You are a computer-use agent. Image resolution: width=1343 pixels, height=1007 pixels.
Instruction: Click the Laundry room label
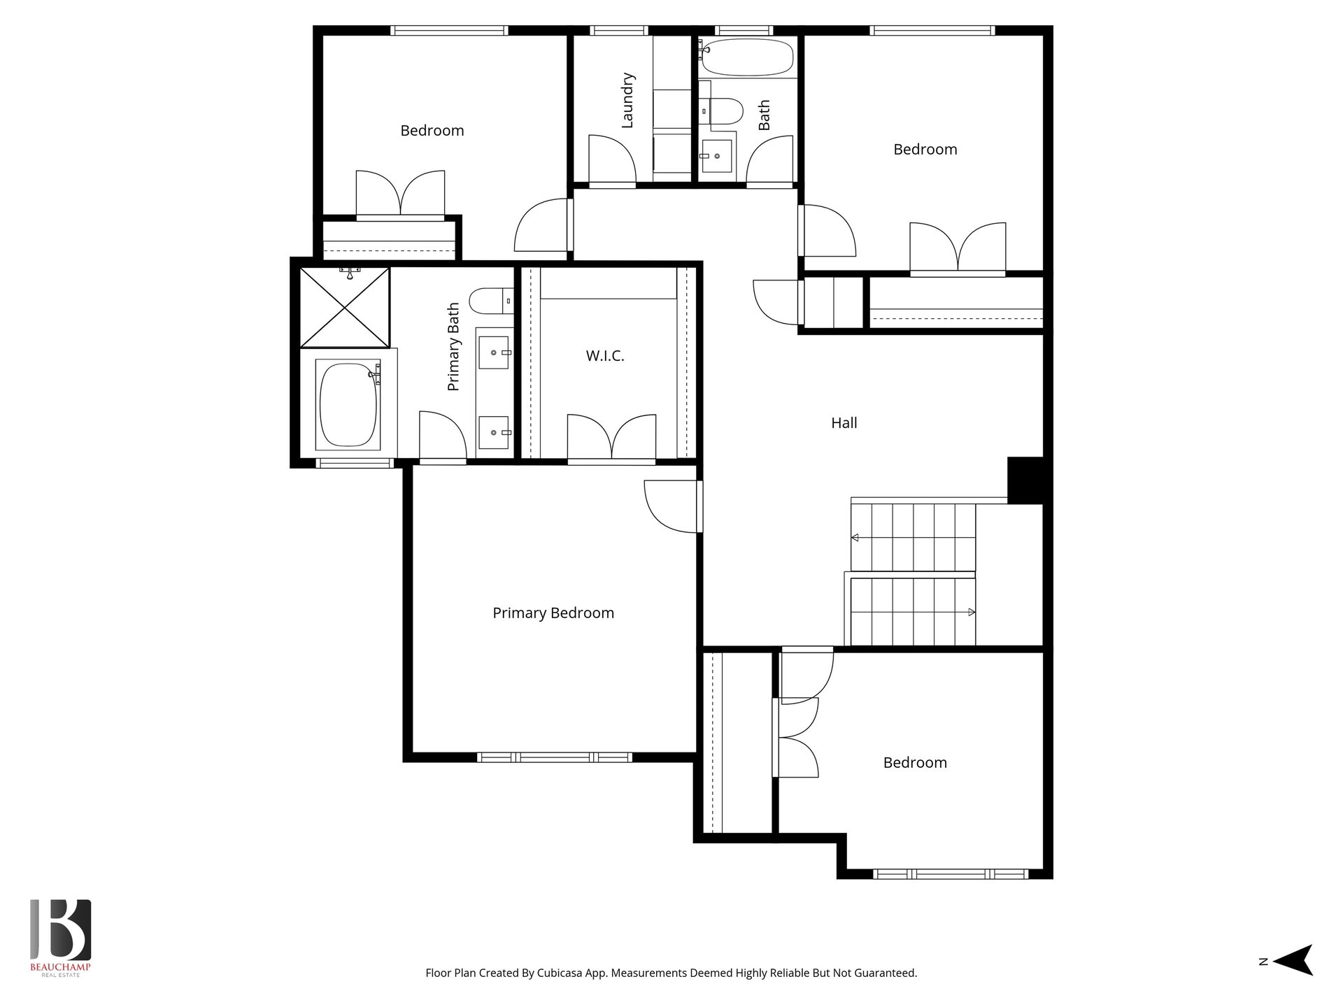[627, 100]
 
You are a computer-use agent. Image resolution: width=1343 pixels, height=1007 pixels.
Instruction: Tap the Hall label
[844, 422]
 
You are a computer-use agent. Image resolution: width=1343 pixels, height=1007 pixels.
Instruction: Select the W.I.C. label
[605, 356]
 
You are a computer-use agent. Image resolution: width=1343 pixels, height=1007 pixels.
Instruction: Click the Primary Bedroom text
[553, 613]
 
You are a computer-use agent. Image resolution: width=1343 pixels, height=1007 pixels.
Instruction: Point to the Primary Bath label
[453, 347]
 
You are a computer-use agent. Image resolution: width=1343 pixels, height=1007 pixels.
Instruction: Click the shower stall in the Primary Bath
[345, 307]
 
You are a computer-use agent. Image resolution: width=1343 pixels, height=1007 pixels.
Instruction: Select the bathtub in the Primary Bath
[349, 403]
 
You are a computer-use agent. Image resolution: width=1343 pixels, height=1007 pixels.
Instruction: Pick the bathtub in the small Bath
[747, 57]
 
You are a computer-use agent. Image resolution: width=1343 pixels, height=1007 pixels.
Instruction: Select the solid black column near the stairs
[1025, 480]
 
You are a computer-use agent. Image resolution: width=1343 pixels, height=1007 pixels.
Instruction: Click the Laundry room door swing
[611, 159]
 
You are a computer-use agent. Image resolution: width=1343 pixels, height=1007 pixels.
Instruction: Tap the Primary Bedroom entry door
[671, 506]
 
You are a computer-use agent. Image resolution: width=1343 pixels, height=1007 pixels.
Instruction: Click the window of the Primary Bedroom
[555, 757]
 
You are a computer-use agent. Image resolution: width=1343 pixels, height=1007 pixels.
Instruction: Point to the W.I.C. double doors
[611, 436]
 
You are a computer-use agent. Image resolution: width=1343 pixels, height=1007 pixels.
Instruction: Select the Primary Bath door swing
[442, 435]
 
